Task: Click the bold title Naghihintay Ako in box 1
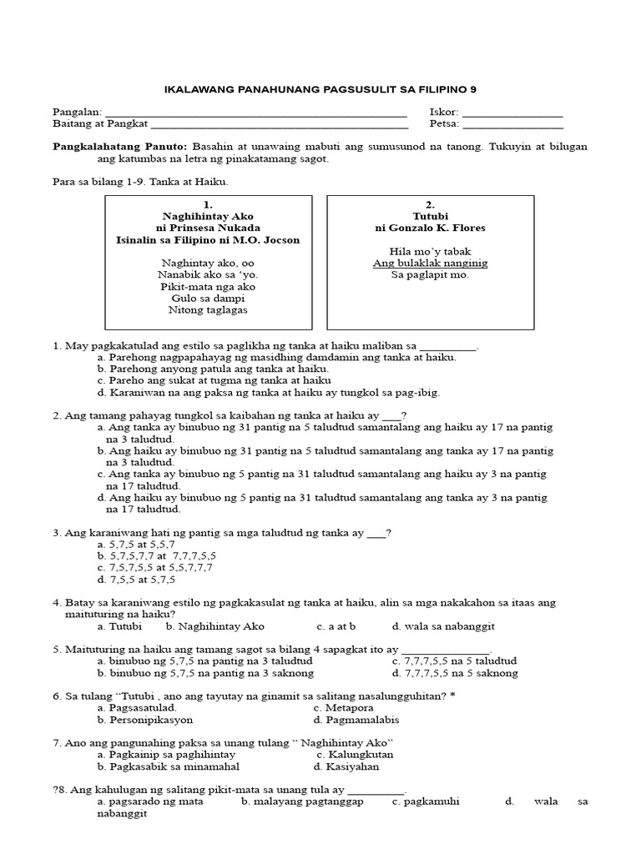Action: [208, 216]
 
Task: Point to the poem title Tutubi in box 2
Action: [430, 216]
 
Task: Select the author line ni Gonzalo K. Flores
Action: [430, 228]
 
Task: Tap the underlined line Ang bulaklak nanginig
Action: [430, 263]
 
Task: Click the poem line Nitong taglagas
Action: [208, 309]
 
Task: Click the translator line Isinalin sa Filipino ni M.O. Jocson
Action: [208, 239]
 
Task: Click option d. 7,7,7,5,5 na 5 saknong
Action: [454, 672]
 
